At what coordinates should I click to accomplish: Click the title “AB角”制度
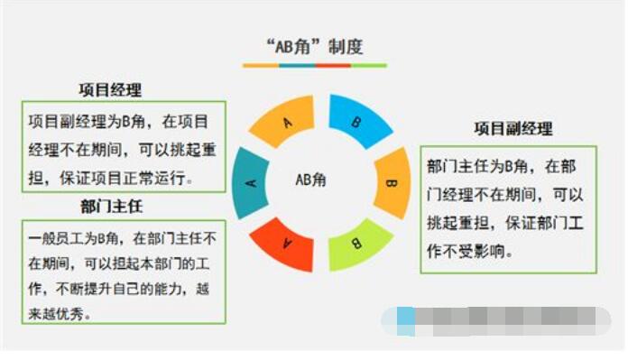click(x=313, y=45)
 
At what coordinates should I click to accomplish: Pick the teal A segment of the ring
click(x=252, y=183)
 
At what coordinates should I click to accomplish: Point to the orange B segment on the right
click(x=391, y=183)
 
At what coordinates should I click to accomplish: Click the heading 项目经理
click(x=109, y=90)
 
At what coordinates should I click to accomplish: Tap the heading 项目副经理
click(x=513, y=129)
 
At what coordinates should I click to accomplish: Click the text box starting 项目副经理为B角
click(x=124, y=144)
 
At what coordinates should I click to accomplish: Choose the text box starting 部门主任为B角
click(x=508, y=208)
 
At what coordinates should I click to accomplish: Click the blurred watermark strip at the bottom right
click(x=502, y=319)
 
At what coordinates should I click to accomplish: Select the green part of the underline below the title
click(x=369, y=66)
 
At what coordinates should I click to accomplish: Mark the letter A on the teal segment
click(x=252, y=183)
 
